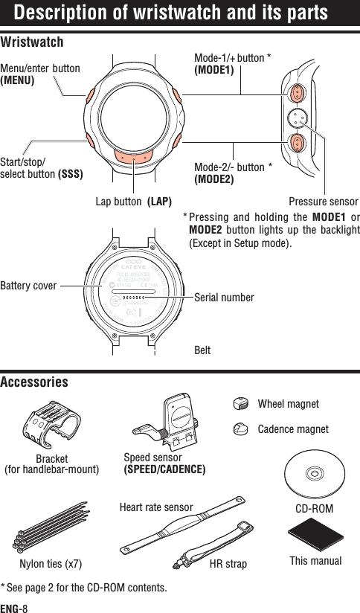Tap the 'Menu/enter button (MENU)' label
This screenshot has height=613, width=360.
pyautogui.click(x=41, y=74)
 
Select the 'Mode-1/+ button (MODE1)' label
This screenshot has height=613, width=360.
pyautogui.click(x=231, y=65)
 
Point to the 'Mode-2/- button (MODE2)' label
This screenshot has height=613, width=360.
pyautogui.click(x=232, y=173)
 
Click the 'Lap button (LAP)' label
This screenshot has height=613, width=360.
pyautogui.click(x=134, y=202)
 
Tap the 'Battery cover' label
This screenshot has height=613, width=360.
pyautogui.click(x=28, y=284)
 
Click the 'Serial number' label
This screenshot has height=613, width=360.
pyautogui.click(x=224, y=298)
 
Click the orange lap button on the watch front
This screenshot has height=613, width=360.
pyautogui.click(x=135, y=158)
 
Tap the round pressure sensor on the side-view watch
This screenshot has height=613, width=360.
pyautogui.click(x=297, y=117)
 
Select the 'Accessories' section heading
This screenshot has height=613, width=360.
pyautogui.click(x=34, y=382)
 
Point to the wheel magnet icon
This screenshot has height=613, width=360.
pyautogui.click(x=239, y=404)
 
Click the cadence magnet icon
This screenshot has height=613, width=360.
pyautogui.click(x=239, y=429)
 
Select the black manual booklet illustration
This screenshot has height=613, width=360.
pyautogui.click(x=312, y=536)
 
